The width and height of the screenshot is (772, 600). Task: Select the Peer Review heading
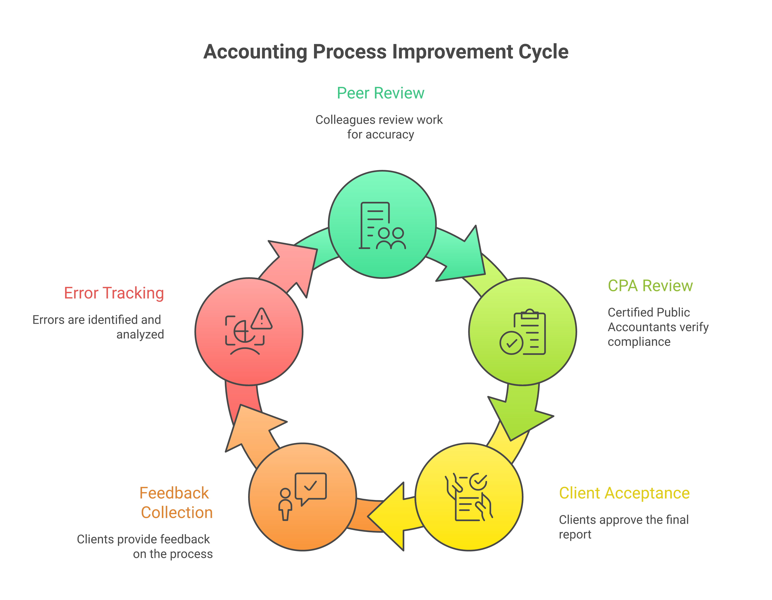(380, 93)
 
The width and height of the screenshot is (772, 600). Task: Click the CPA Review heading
(650, 286)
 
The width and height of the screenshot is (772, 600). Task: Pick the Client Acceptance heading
(624, 493)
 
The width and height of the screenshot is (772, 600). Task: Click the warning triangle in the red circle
(262, 319)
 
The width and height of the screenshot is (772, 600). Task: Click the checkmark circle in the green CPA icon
(511, 343)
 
